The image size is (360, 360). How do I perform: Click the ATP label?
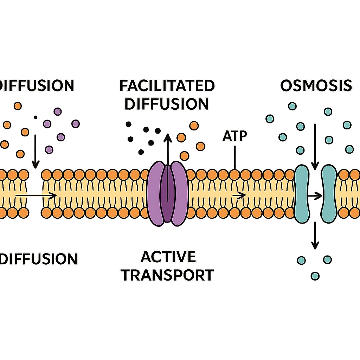pos(234,136)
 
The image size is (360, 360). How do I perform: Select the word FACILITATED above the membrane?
pos(167,86)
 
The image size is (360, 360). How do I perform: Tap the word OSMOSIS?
pos(316,85)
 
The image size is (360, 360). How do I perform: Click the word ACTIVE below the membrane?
pos(168,257)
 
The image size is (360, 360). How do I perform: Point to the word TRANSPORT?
pos(168,275)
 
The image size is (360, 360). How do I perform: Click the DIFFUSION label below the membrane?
pos(39,259)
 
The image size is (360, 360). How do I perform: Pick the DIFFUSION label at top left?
pos(37,85)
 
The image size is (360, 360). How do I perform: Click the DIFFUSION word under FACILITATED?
pos(167,104)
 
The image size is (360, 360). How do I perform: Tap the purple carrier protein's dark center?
pos(167,193)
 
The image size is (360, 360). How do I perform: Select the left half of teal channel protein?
pos(301,194)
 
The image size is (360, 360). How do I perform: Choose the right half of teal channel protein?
pos(329,194)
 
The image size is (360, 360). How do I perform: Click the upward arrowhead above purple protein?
pos(168,137)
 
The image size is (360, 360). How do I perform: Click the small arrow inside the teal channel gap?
pos(315,194)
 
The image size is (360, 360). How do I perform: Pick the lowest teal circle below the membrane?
pos(315,275)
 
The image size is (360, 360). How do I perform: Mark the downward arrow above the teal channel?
pos(315,148)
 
